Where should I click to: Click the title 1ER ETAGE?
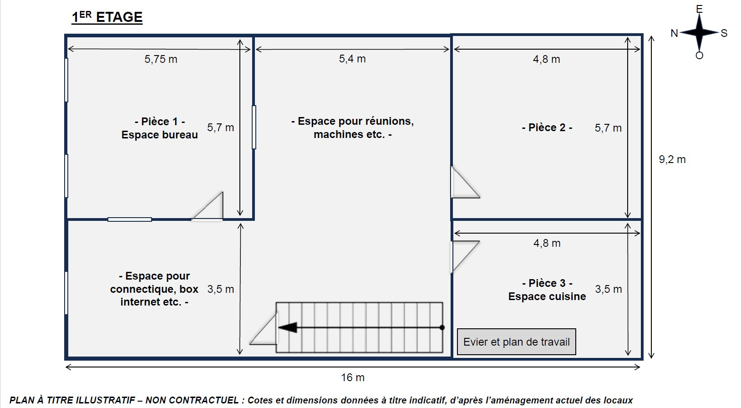(x=107, y=17)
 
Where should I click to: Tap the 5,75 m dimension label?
(x=161, y=59)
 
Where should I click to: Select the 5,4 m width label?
(x=352, y=59)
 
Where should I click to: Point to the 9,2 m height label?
(x=672, y=159)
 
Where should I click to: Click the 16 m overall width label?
(x=353, y=377)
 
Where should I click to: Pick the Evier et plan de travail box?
(x=517, y=342)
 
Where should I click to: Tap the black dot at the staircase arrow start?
(x=442, y=327)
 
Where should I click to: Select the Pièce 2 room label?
(x=547, y=127)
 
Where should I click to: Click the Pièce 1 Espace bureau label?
(x=160, y=128)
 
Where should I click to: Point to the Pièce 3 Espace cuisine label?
(x=547, y=290)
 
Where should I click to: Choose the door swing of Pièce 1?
(x=208, y=206)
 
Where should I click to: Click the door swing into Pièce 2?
(x=466, y=182)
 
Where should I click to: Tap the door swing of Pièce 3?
(x=466, y=257)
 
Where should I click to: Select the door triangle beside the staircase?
(x=264, y=329)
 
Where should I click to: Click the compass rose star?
(x=699, y=32)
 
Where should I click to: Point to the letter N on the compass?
(x=674, y=33)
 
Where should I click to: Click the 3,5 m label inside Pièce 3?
(x=609, y=289)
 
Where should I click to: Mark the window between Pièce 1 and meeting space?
(x=254, y=127)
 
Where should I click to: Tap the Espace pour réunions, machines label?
(x=353, y=127)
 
